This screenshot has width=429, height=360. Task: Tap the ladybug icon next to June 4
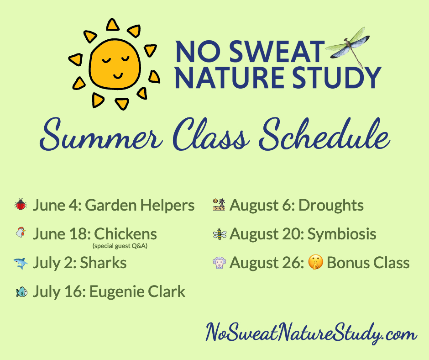coord(21,205)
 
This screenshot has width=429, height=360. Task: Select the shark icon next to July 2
coord(21,263)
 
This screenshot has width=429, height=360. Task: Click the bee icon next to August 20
coord(219,234)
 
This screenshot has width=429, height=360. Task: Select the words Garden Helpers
coord(140,205)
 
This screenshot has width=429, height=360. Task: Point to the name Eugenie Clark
coord(137,291)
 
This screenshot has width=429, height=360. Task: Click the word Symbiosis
coord(342,234)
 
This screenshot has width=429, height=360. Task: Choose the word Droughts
coord(330,205)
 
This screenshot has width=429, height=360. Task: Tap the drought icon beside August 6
coord(219,205)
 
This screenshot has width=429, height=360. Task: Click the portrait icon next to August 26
coord(219,263)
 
